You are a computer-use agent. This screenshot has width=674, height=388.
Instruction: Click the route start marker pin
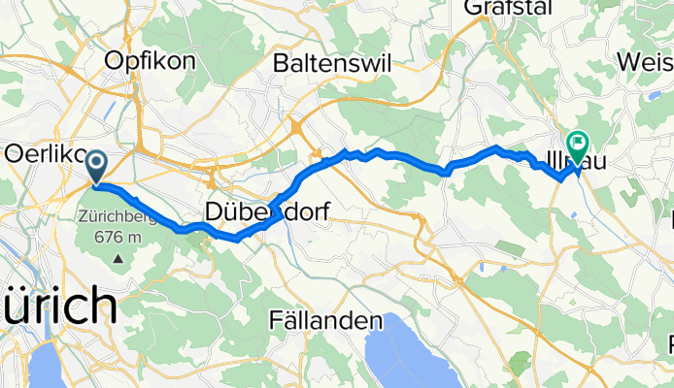coord(97,165)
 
